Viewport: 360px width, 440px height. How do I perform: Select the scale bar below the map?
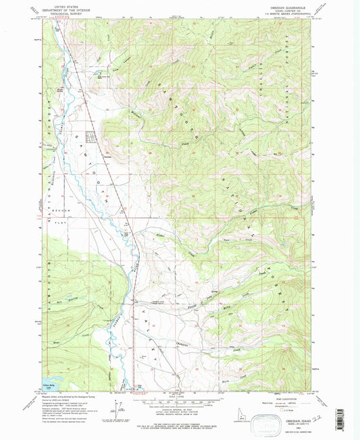coord(179,400)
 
